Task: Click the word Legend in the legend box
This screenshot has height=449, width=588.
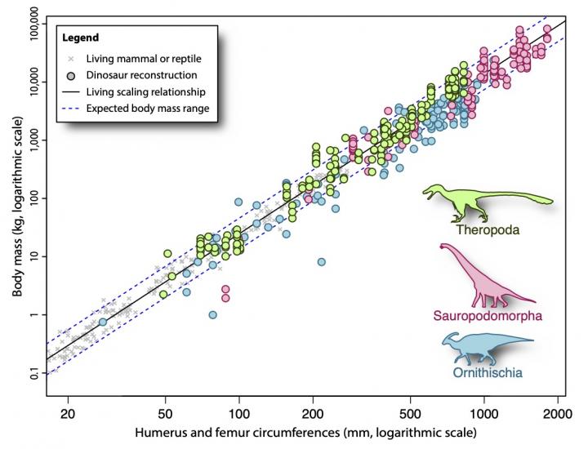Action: pyautogui.click(x=82, y=38)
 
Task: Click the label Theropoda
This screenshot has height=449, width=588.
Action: pyautogui.click(x=488, y=230)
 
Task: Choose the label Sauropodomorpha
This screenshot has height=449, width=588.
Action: pyautogui.click(x=487, y=315)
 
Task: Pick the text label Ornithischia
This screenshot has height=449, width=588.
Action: pyautogui.click(x=488, y=374)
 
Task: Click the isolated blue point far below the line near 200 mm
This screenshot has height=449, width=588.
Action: pyautogui.click(x=322, y=262)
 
